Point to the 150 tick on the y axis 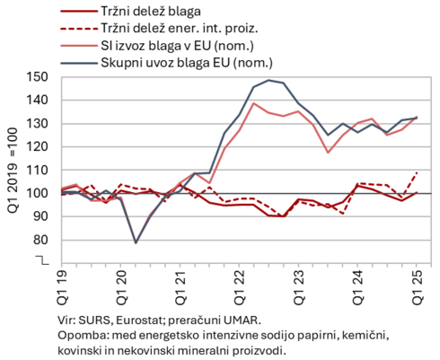pyautogui.click(x=37, y=77)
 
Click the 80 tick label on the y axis pyautogui.click(x=40, y=240)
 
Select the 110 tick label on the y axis pyautogui.click(x=37, y=171)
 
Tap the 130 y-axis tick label pyautogui.click(x=37, y=124)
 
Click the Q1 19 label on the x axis pyautogui.click(x=63, y=287)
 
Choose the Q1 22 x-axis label pyautogui.click(x=240, y=287)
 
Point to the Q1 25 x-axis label pyautogui.click(x=418, y=287)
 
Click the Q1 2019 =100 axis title pyautogui.click(x=13, y=171)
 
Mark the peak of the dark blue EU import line pyautogui.click(x=268, y=80)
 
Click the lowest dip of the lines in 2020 pyautogui.click(x=136, y=242)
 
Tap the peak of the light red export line pyautogui.click(x=253, y=103)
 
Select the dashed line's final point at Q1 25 pyautogui.click(x=417, y=172)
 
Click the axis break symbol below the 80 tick pyautogui.click(x=42, y=260)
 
